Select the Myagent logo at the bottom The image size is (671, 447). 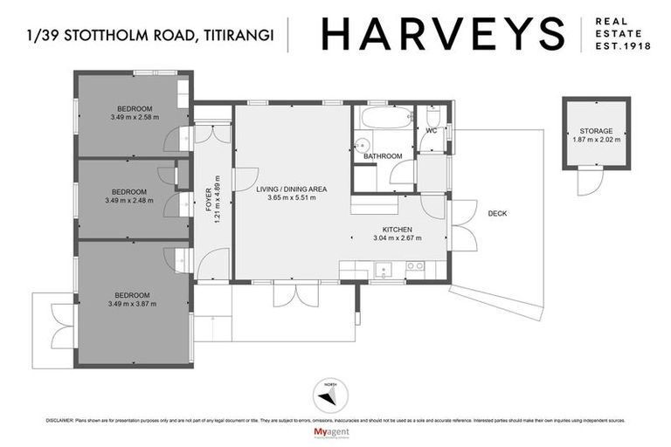[335, 433]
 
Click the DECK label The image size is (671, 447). [497, 214]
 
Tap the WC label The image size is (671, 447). [431, 131]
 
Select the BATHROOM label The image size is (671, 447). [383, 156]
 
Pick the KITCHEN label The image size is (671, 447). [398, 230]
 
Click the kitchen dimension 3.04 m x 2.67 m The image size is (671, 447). [398, 237]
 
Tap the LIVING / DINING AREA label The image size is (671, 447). [292, 189]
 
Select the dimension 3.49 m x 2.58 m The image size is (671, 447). [135, 117]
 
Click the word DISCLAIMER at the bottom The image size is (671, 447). [62, 421]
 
